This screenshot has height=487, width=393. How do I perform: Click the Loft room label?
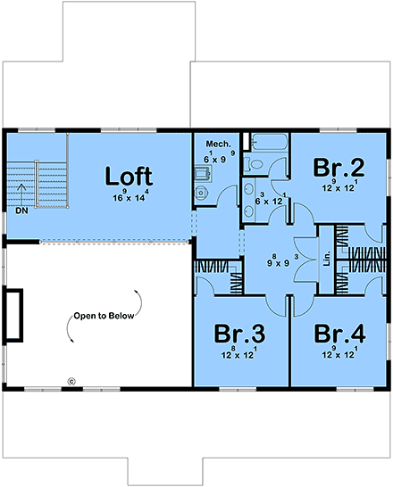tap(129, 174)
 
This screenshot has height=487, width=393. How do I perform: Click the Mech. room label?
tap(219, 143)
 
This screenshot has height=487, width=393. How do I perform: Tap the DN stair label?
tap(21, 211)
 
